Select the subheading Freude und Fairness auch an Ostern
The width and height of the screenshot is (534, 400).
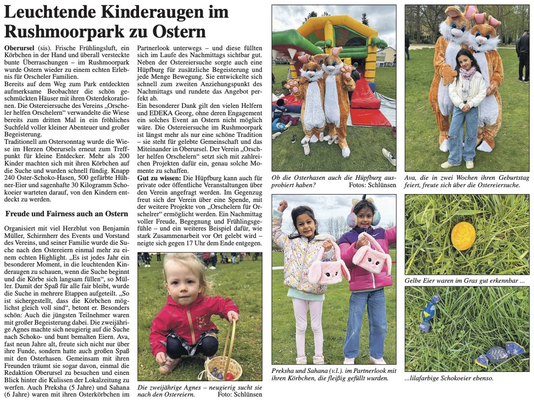click(x=67, y=214)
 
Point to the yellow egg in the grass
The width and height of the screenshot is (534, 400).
click(x=463, y=235)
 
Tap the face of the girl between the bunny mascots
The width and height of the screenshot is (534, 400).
click(x=462, y=61)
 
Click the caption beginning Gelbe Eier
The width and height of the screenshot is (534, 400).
click(x=464, y=280)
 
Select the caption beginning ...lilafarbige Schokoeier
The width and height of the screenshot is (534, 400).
click(x=449, y=378)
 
